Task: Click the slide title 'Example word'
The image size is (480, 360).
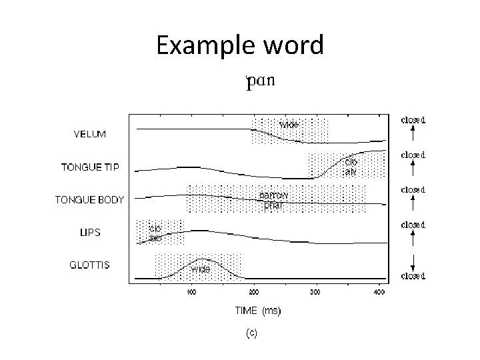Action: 240,46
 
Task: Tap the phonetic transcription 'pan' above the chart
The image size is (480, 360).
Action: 260,82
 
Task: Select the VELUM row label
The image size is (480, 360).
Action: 89,134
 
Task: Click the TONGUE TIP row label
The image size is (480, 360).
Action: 91,167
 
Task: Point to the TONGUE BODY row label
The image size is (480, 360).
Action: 89,199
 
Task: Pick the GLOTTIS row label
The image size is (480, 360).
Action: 90,265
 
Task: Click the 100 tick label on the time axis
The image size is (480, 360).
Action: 191,292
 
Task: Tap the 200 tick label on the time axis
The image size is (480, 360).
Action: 254,292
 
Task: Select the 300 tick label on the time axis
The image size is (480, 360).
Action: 316,292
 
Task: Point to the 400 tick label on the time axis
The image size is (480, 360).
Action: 379,292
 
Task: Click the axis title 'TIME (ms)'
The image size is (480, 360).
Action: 257,311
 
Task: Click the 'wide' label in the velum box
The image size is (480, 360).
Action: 289,125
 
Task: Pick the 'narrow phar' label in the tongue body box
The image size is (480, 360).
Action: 273,200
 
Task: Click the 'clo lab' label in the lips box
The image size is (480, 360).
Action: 155,232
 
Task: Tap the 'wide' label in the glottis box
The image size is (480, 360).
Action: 201,269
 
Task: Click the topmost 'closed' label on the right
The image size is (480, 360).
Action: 413,121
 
